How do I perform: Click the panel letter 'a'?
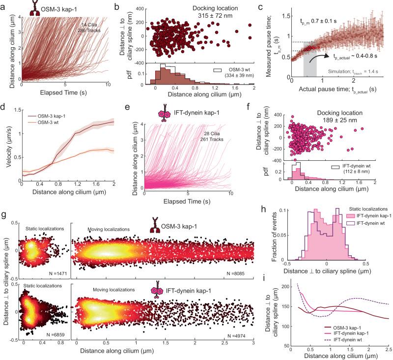(x=4, y=6)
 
